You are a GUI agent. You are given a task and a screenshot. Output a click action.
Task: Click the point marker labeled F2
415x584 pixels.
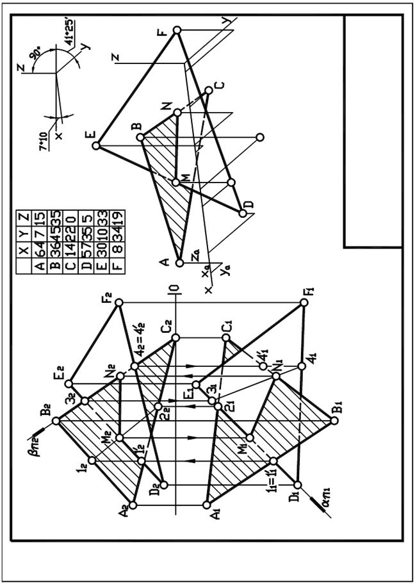118,303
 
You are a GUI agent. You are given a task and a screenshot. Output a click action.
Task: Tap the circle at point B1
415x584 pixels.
334,421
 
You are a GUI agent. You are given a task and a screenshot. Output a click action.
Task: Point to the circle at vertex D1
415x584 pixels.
298,484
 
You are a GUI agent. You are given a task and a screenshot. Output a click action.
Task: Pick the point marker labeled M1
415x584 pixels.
250,439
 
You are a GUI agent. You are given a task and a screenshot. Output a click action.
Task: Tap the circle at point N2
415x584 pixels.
120,376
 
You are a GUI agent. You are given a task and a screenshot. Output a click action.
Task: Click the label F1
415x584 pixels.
309,292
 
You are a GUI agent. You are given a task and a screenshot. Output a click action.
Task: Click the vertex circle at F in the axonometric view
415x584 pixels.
177,30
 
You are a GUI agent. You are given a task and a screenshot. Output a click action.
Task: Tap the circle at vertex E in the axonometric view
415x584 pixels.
96,146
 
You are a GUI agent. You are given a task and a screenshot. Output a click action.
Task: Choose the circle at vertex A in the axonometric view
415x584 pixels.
180,262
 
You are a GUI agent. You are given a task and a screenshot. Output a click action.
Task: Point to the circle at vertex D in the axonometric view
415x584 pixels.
243,213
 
